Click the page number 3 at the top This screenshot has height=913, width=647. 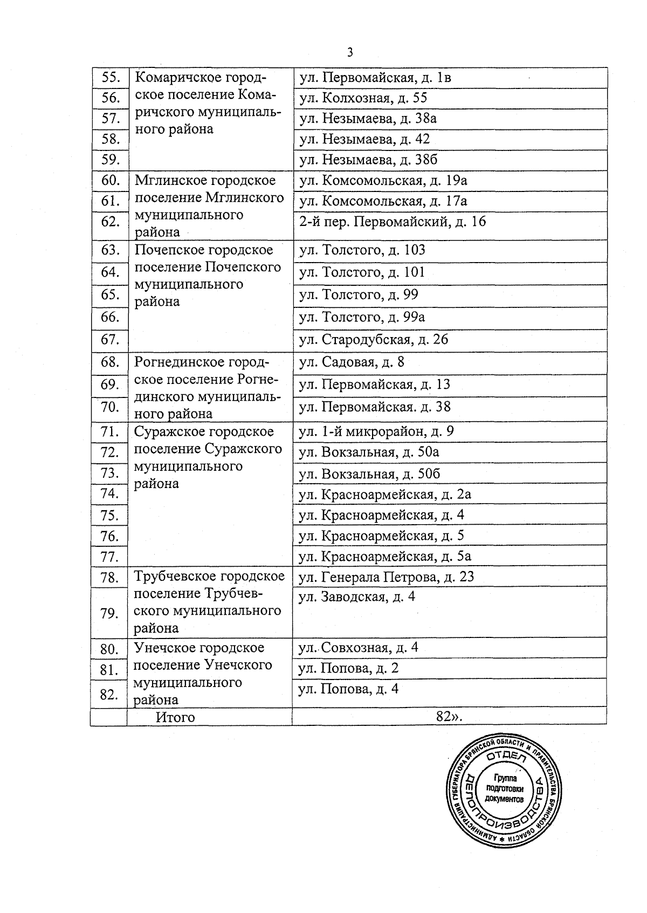(350, 52)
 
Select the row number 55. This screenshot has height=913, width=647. (110, 77)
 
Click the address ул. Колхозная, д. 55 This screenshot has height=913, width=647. (363, 98)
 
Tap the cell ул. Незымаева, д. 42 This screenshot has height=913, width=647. (364, 139)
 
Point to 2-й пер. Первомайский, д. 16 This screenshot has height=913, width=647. (393, 221)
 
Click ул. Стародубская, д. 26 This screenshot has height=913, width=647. (374, 339)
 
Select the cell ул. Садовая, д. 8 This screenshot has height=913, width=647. (352, 362)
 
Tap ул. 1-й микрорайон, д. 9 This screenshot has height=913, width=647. (376, 431)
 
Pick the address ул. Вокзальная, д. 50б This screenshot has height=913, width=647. (369, 473)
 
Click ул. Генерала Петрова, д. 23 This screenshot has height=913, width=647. (386, 576)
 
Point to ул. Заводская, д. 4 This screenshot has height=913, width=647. (357, 597)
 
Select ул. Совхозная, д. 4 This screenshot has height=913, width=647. (359, 647)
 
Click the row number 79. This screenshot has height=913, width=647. (109, 613)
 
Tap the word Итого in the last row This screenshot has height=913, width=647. (175, 717)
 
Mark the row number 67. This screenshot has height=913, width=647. (109, 339)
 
